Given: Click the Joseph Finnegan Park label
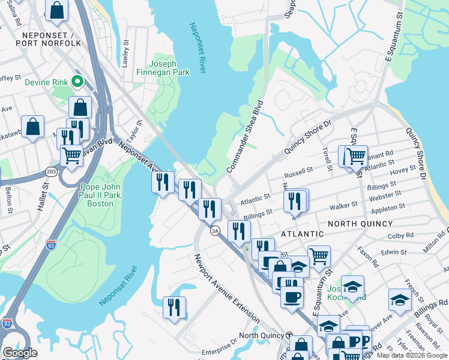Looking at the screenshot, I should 170,68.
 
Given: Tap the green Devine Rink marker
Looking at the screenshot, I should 77,81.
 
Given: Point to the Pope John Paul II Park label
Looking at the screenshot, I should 100,196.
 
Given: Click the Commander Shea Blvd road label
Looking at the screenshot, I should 245,137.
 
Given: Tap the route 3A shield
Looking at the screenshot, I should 214,230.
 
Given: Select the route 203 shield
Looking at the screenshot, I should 52,172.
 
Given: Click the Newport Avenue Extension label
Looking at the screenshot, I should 226,289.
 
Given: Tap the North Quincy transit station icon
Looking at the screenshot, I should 289,335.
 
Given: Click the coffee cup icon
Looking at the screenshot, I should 292,296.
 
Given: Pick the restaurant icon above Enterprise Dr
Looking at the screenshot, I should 174,307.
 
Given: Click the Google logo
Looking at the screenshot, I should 20,353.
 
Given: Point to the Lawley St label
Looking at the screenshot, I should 126,51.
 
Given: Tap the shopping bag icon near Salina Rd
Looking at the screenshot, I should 56,10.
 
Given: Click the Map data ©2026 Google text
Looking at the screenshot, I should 412,355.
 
